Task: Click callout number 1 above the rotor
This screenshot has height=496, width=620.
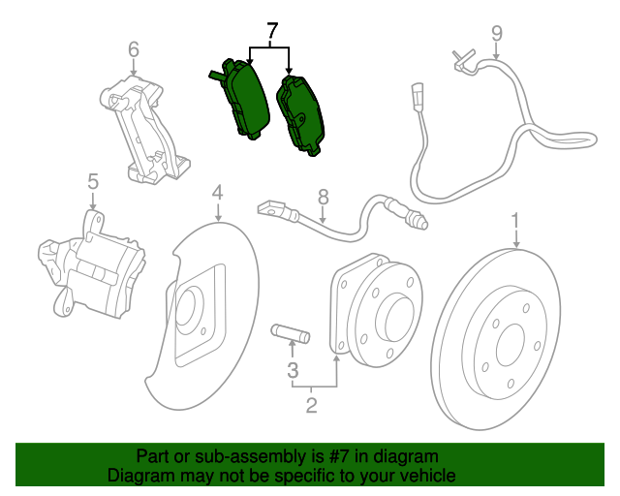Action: click(515, 221)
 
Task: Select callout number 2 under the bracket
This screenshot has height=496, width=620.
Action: click(311, 405)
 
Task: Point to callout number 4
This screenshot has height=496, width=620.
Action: click(218, 193)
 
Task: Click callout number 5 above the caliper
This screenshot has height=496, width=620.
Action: click(93, 181)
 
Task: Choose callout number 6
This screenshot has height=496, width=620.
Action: click(134, 48)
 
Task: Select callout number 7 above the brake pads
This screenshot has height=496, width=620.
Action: click(272, 31)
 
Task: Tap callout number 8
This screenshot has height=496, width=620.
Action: click(324, 196)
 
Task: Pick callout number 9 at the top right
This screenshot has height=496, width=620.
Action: click(496, 34)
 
